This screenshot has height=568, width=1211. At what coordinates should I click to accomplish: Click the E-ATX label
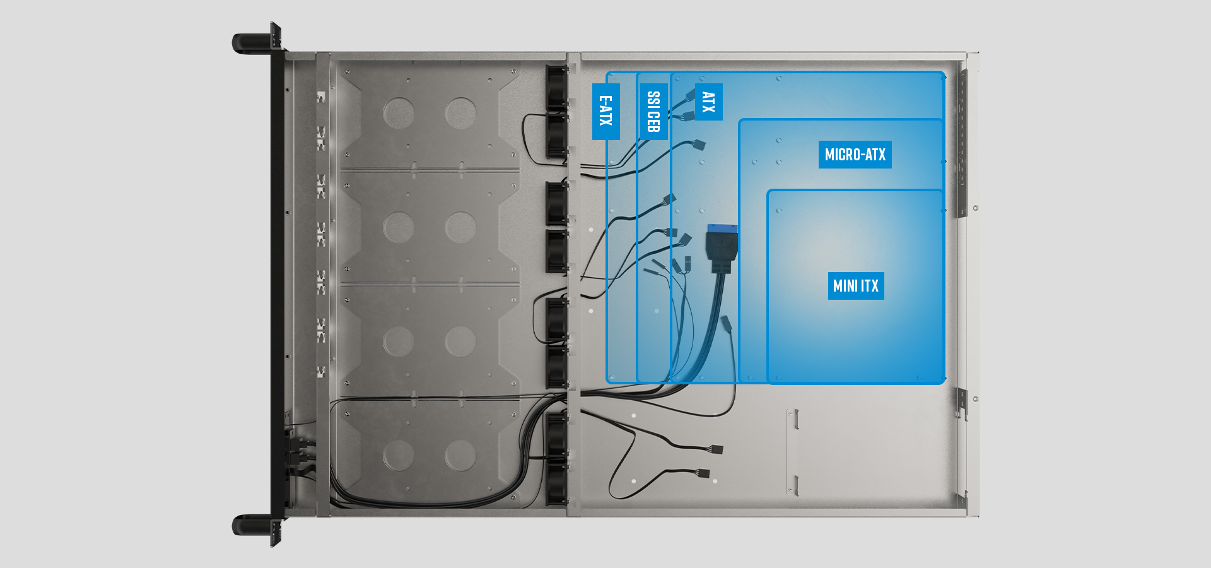[x=605, y=111]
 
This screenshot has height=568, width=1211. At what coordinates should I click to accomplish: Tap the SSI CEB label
[x=653, y=111]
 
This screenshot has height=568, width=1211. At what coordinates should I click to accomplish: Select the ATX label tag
[x=708, y=102]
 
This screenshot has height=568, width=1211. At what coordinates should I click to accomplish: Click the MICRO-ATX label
[x=855, y=155]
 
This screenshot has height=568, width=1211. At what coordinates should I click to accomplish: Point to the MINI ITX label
[x=855, y=286]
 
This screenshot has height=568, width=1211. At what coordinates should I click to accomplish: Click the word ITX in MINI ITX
[x=870, y=286]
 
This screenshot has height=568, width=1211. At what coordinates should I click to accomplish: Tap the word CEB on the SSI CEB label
[x=653, y=121]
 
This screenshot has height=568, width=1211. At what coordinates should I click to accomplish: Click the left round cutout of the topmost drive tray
[x=399, y=114]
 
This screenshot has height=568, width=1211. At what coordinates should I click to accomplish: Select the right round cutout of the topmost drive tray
[x=460, y=114]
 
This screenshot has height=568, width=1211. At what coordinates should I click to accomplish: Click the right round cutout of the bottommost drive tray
[x=460, y=455]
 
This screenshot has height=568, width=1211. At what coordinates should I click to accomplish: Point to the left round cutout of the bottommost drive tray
[x=399, y=455]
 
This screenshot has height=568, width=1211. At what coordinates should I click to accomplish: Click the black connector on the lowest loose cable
[x=703, y=473]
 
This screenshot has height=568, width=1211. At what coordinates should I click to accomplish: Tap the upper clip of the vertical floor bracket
[x=795, y=419]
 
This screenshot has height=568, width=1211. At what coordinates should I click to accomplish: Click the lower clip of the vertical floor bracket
[x=795, y=485]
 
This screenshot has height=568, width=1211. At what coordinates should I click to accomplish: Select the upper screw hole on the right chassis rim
[x=976, y=208]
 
